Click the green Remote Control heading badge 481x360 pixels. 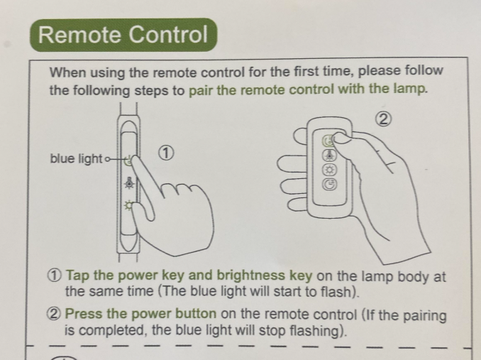click(123, 35)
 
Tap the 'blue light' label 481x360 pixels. click(76, 158)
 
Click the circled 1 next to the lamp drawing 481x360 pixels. click(166, 153)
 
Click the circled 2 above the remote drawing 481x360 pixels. click(383, 119)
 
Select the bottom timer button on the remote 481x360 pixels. click(329, 185)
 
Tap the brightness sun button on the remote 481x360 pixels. click(330, 170)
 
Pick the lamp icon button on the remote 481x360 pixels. click(329, 156)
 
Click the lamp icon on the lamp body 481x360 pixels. click(129, 182)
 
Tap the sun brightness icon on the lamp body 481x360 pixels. click(128, 205)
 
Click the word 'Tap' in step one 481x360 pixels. click(78, 276)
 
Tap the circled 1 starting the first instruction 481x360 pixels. click(55, 276)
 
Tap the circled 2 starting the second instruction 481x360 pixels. click(54, 314)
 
